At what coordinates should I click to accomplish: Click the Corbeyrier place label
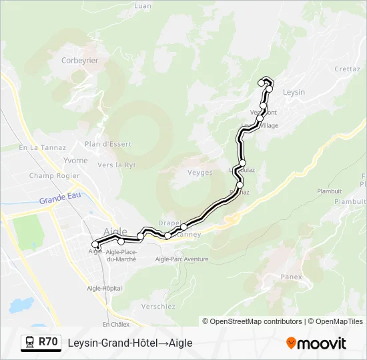[x=79, y=60]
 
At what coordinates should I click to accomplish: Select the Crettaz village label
[x=347, y=69]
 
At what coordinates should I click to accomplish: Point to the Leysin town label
[x=294, y=92]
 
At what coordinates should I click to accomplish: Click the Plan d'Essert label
[x=108, y=144]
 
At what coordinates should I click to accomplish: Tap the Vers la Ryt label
[x=117, y=165]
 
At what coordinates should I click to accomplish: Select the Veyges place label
[x=200, y=173]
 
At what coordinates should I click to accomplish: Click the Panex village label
[x=292, y=277]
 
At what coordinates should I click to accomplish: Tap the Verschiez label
[x=158, y=307]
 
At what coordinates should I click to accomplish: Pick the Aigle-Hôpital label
[x=104, y=288]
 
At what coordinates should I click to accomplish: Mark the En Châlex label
[x=115, y=324]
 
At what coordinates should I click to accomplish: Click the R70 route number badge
[x=47, y=342]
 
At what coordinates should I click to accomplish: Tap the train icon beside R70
[x=30, y=342]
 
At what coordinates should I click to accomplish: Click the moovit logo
[x=316, y=343]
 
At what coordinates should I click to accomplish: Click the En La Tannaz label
[x=42, y=147]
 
